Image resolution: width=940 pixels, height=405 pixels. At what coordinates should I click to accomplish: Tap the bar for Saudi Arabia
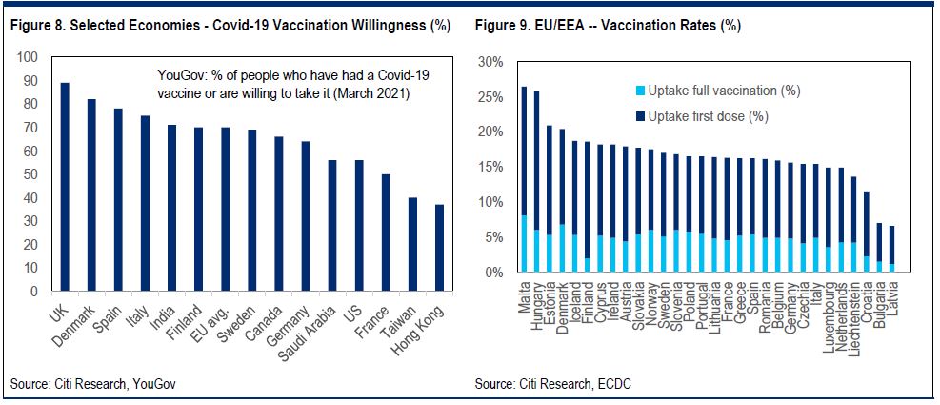pyautogui.click(x=331, y=226)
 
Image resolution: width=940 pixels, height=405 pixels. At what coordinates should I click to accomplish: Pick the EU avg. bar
pyautogui.click(x=225, y=209)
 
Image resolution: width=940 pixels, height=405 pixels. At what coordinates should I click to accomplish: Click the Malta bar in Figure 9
pyautogui.click(x=524, y=180)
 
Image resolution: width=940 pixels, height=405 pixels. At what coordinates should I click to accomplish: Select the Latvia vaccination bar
pyautogui.click(x=891, y=250)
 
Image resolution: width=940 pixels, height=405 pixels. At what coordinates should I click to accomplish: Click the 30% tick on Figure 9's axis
pyautogui.click(x=490, y=62)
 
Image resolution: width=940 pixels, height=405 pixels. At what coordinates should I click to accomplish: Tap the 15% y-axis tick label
pyautogui.click(x=490, y=167)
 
